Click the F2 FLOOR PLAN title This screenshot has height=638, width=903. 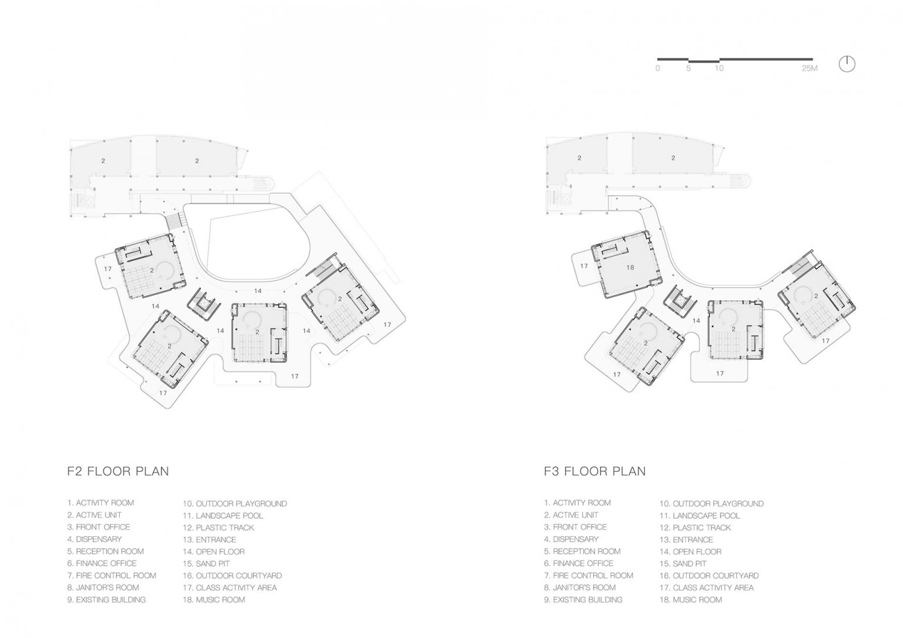tap(118, 471)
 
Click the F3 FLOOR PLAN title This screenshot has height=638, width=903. tap(594, 471)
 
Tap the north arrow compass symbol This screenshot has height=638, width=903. tap(847, 64)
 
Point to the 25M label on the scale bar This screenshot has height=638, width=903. tap(810, 69)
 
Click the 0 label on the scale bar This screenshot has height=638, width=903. tap(657, 69)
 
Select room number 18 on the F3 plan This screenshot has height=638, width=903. tap(630, 267)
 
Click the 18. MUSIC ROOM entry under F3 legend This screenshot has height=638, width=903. tap(691, 600)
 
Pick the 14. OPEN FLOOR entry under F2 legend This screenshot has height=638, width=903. tap(213, 552)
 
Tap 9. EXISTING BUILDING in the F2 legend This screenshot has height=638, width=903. tap(106, 600)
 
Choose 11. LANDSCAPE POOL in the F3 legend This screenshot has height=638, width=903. tap(700, 516)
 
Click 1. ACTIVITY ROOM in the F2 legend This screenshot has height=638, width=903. tap(101, 503)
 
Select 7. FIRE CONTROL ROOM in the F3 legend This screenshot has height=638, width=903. tap(588, 576)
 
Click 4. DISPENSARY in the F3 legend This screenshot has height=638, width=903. tap(571, 539)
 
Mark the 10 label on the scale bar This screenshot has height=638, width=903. tap(719, 69)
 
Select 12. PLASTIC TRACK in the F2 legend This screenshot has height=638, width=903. tap(219, 528)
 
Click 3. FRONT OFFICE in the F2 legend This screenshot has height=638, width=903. tap(99, 527)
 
